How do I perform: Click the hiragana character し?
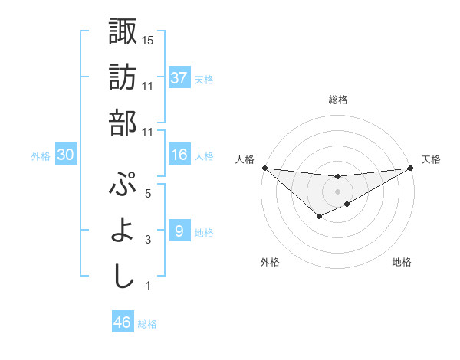click(123, 277)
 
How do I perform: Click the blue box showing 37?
click(179, 78)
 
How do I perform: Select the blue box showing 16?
click(179, 155)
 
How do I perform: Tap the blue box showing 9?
click(179, 231)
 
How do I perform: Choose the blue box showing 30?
click(66, 155)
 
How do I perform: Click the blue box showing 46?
click(123, 322)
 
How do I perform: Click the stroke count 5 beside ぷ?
click(148, 194)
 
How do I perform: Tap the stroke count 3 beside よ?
click(148, 241)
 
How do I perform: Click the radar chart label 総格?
click(337, 100)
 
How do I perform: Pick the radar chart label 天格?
click(431, 159)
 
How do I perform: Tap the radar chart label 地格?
click(402, 262)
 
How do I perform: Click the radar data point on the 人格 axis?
click(264, 168)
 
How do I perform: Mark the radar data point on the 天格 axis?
click(409, 168)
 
